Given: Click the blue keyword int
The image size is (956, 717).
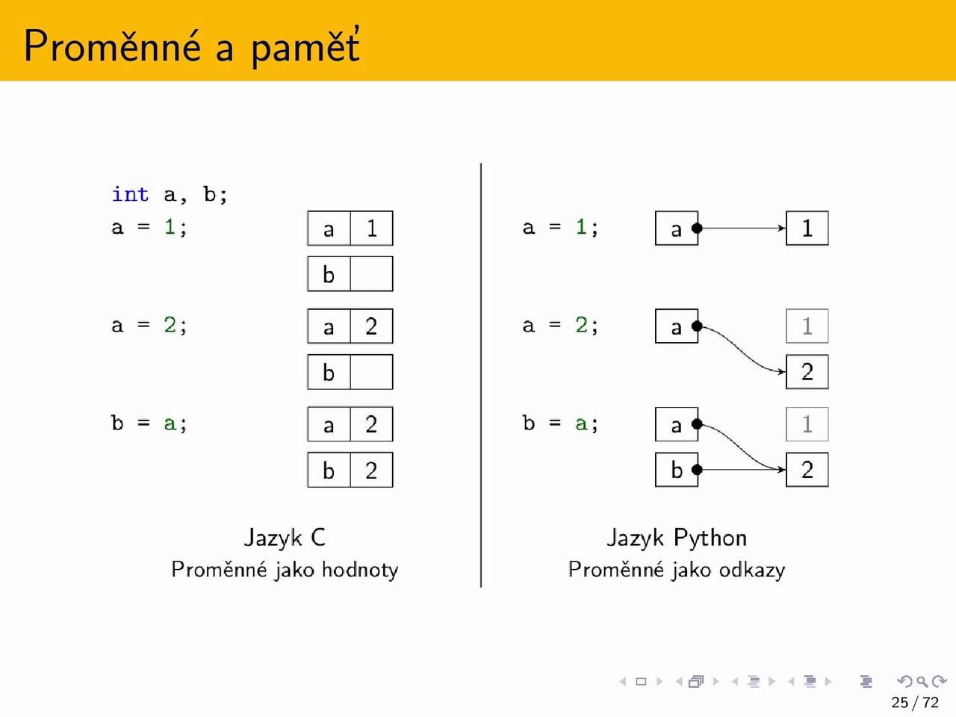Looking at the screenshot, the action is (130, 194).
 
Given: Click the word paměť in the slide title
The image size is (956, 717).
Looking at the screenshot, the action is (305, 47).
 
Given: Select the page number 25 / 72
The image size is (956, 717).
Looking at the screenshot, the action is (915, 702).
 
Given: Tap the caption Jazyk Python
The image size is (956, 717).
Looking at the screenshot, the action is (677, 538).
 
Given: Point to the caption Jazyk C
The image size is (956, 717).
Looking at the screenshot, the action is (285, 538).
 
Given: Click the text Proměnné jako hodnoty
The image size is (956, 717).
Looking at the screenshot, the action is (285, 570).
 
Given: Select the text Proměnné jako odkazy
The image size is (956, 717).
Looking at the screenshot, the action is (677, 570).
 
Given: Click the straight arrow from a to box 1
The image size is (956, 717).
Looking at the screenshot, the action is (742, 228).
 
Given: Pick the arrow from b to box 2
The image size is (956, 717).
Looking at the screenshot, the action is (742, 469).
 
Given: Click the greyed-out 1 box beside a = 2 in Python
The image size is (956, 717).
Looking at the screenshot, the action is (807, 326).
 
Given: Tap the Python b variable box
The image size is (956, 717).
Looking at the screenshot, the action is (677, 469).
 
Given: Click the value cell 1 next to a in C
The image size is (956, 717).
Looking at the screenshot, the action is (371, 228).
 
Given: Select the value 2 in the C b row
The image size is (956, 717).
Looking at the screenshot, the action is (371, 470).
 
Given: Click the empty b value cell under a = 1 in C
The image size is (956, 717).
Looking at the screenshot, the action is (371, 274).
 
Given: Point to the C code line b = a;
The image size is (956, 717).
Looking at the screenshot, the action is (149, 423).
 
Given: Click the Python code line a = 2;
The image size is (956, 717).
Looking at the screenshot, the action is (561, 325).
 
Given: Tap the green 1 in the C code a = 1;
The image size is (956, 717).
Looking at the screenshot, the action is (170, 227).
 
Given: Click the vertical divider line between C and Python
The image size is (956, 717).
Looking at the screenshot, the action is (481, 375).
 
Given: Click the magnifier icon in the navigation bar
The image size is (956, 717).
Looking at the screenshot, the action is (922, 681).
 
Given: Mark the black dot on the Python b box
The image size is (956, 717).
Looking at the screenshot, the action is (697, 469).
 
